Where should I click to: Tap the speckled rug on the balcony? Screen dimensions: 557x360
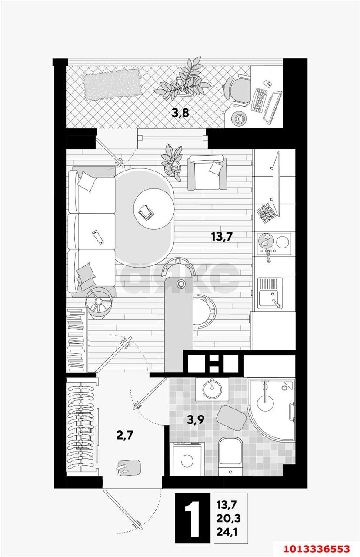(112, 85)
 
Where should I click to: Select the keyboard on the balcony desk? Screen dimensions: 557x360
(260, 100)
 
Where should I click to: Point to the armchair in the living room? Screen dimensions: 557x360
(207, 173)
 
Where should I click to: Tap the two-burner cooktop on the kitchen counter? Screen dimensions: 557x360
(274, 242)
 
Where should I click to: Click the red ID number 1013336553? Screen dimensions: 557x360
(322, 547)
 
